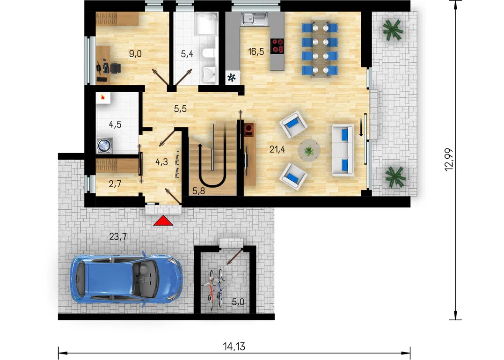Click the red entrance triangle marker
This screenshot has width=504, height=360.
coord(163,220)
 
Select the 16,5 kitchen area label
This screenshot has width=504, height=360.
coord(256,51)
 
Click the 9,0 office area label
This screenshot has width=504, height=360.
coord(135,54)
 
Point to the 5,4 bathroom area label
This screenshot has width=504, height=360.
coord(187,54)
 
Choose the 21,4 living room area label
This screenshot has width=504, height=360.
coord(278,149)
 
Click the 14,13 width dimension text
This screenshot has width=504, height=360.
coord(234,346)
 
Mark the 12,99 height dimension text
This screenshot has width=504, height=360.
coord(449,160)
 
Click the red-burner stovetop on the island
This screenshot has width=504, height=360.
coord(278,45)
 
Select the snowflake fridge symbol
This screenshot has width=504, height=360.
coord(232,77)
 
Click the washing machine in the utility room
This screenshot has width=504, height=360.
coord(104,146)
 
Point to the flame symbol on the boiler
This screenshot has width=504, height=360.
coord(103,97)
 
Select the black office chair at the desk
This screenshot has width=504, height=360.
coord(115,68)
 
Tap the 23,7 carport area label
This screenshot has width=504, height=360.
coord(118,237)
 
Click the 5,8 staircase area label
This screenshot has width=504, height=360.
coord(198,191)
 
